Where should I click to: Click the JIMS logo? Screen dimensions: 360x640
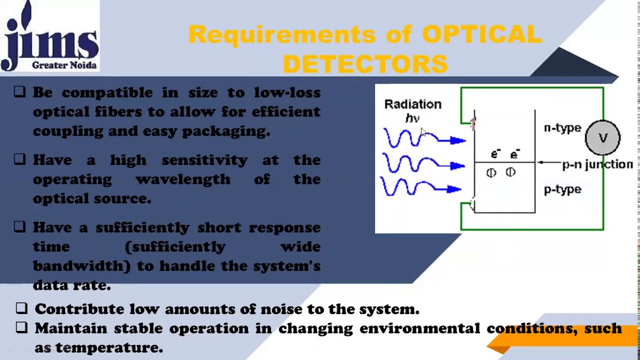[50, 35]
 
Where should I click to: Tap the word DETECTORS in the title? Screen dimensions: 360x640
[365, 64]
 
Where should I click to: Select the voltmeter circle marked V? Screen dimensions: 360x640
[602, 137]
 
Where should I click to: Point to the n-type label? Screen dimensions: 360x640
[562, 128]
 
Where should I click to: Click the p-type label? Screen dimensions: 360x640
[562, 189]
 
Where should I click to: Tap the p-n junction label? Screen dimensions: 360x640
[597, 164]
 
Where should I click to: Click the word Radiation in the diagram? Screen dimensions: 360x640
[412, 104]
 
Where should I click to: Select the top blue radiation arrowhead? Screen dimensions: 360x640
[457, 141]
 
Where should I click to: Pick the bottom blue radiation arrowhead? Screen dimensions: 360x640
[454, 189]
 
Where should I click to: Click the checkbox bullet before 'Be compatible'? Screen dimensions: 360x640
[19, 91]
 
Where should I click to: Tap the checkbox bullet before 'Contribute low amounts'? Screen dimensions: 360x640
[21, 308]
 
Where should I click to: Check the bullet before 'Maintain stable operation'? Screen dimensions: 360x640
[21, 327]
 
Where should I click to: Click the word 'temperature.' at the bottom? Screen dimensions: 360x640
[109, 347]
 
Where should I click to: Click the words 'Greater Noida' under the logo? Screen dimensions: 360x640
[64, 65]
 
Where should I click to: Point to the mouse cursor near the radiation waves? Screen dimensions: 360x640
[423, 132]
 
